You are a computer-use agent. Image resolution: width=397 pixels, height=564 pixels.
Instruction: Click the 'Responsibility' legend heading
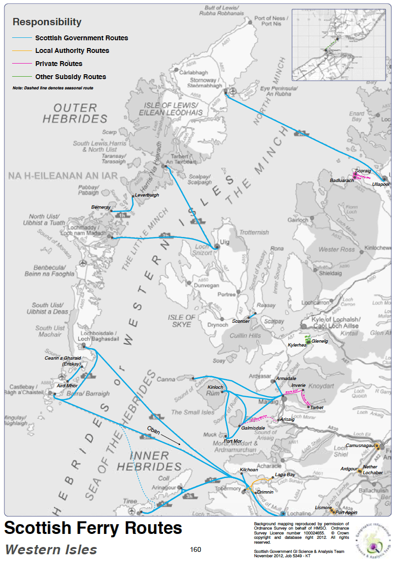pyautogui.click(x=47, y=22)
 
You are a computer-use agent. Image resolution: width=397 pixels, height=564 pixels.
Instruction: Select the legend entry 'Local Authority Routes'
pyautogui.click(x=72, y=50)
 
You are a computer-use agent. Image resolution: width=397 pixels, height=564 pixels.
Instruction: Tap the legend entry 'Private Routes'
pyautogui.click(x=59, y=64)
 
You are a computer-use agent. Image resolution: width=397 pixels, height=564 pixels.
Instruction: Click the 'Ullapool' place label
pyautogui.click(x=381, y=184)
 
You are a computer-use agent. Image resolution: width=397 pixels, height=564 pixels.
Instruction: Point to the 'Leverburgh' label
pyautogui.click(x=147, y=195)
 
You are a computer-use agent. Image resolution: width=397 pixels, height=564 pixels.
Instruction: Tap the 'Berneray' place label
pyautogui.click(x=101, y=207)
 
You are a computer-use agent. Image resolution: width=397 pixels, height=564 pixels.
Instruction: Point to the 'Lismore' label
pyautogui.click(x=323, y=508)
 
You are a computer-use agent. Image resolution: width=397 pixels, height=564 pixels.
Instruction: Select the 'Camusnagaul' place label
pyautogui.click(x=360, y=445)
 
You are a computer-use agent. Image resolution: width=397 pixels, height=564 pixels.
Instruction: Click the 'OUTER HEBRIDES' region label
pyautogui.click(x=75, y=113)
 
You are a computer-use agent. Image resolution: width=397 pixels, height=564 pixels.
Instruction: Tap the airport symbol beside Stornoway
pyautogui.click(x=233, y=91)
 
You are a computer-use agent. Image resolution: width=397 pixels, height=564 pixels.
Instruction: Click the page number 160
pyautogui.click(x=196, y=549)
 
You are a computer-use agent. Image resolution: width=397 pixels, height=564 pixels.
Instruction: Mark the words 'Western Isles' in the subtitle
pyautogui.click(x=51, y=550)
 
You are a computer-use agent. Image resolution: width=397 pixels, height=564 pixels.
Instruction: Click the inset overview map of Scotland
pyautogui.click(x=338, y=44)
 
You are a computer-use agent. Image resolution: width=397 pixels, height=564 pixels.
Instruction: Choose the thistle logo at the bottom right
pyautogui.click(x=373, y=541)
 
